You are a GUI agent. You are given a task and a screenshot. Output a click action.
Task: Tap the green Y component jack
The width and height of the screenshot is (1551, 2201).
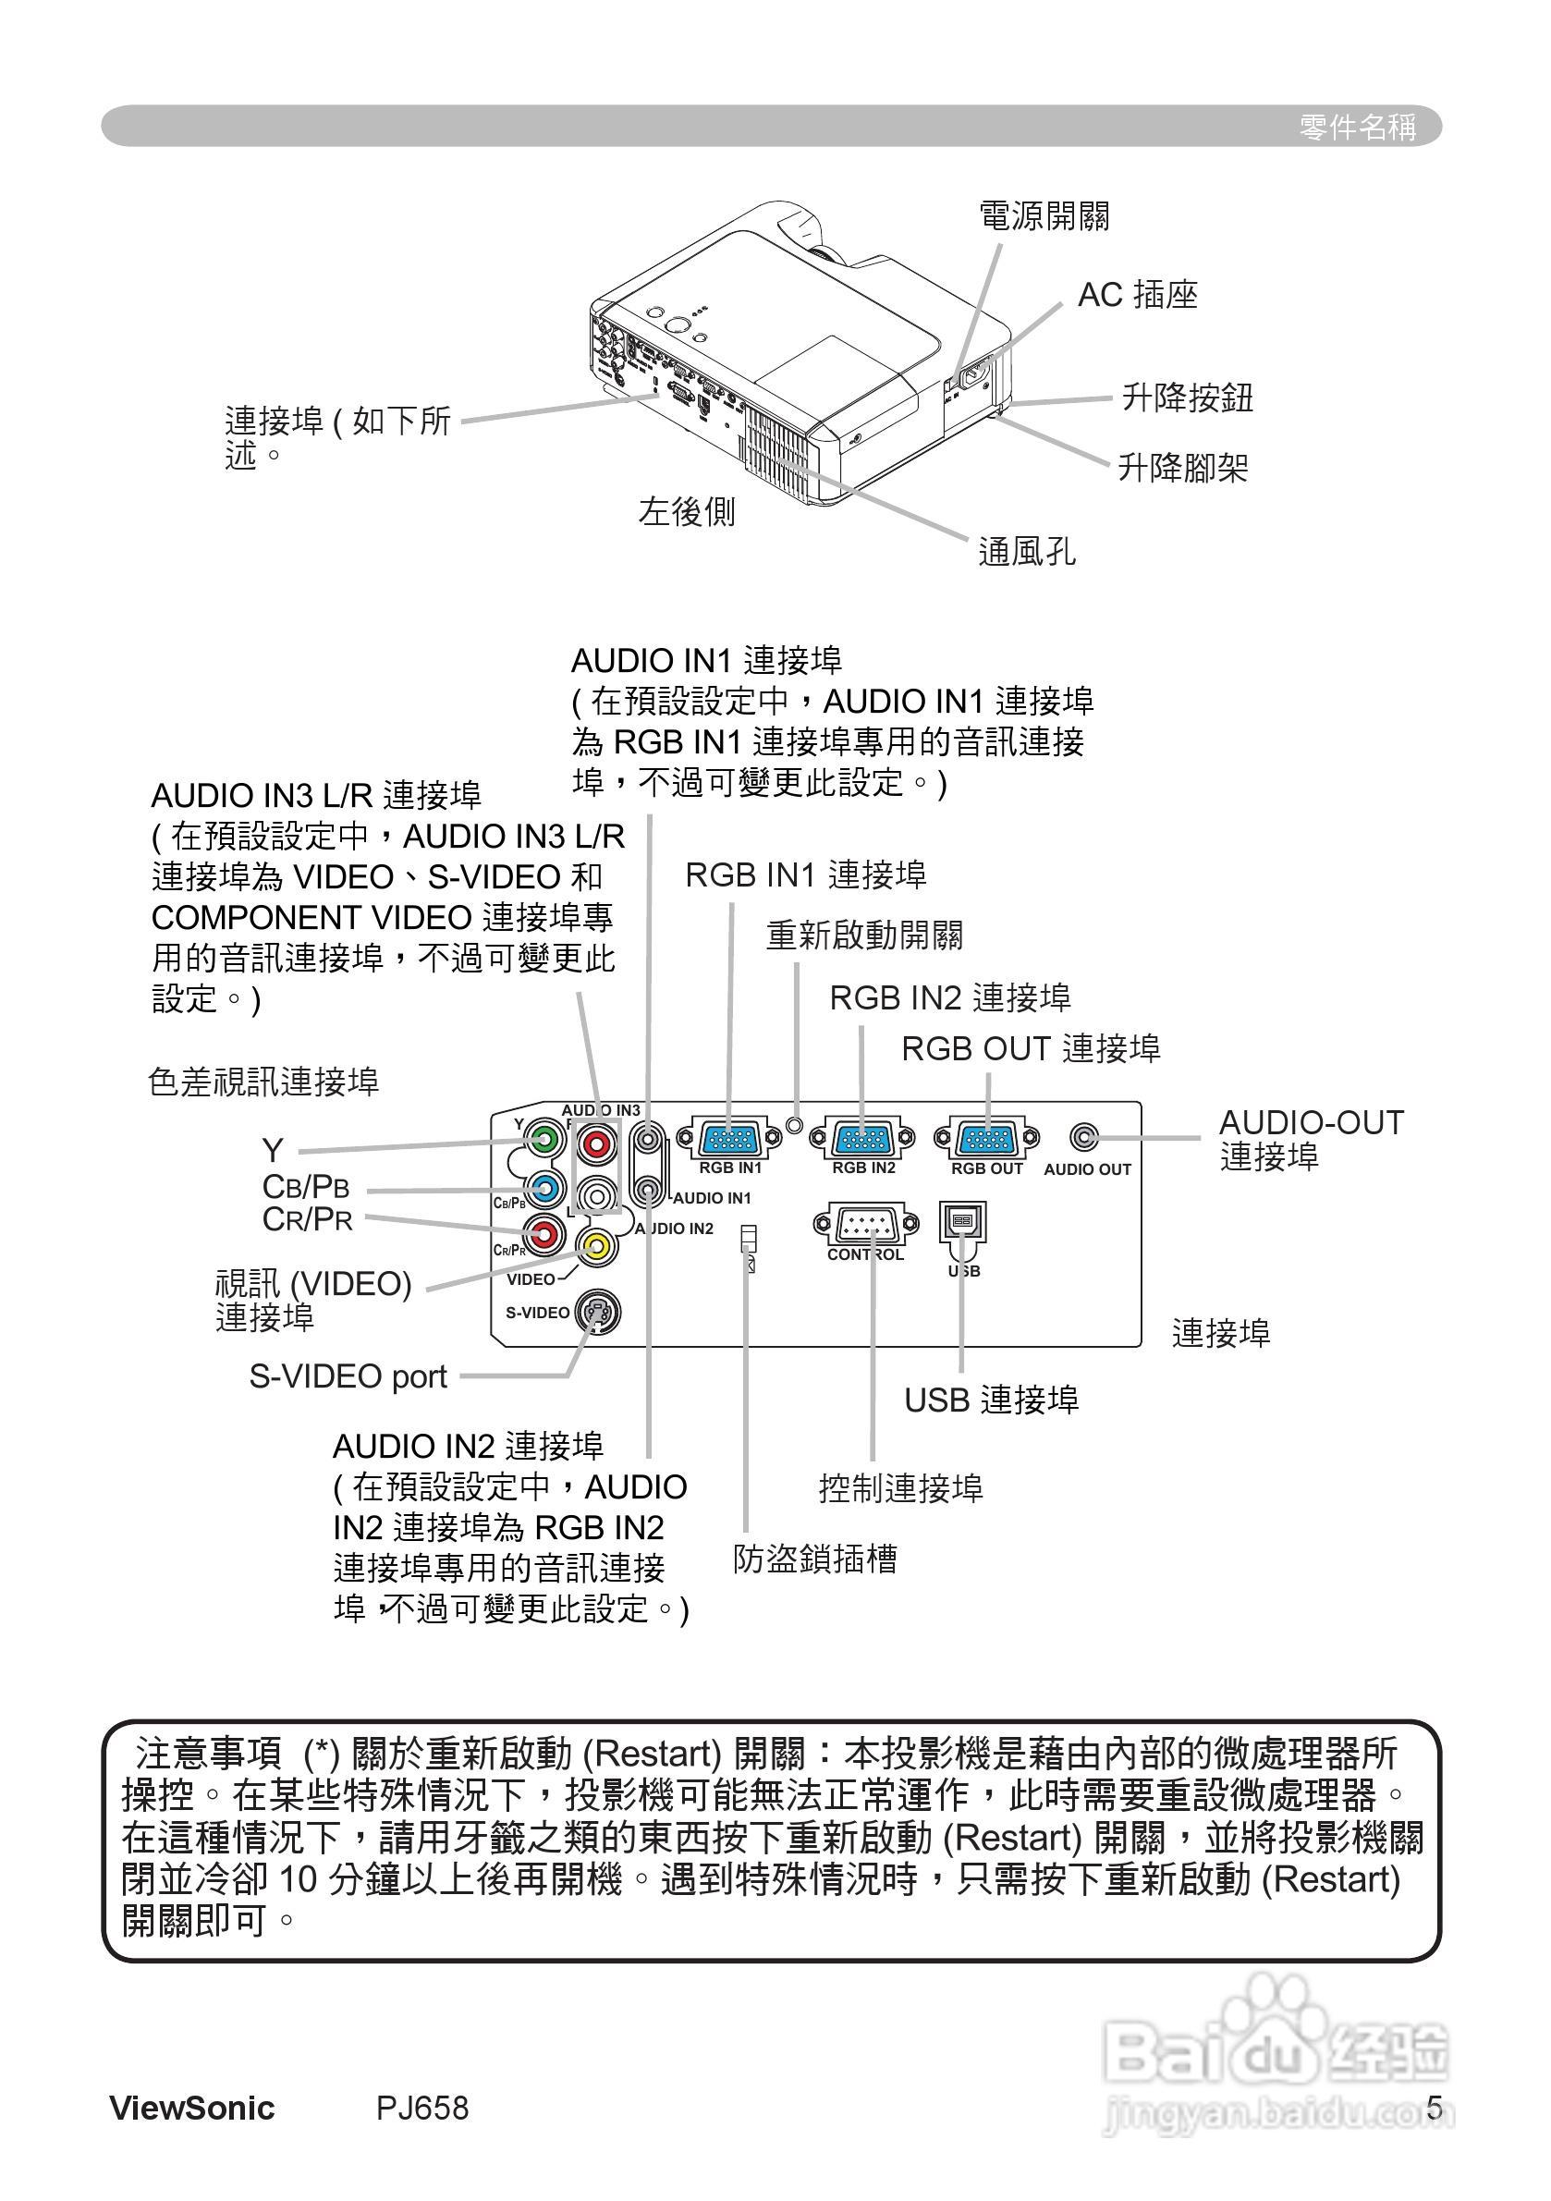point(543,1141)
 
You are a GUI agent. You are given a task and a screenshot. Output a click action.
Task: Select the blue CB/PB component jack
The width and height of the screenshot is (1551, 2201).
point(543,1190)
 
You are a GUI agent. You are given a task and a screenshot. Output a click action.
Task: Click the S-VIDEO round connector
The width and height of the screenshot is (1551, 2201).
point(596,1313)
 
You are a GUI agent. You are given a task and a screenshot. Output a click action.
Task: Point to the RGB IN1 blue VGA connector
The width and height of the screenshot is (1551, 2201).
point(729,1140)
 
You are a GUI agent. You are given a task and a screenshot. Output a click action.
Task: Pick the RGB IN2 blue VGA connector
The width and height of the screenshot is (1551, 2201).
point(862,1140)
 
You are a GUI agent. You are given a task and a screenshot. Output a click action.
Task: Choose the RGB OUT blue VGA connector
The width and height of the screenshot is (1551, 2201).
point(986,1140)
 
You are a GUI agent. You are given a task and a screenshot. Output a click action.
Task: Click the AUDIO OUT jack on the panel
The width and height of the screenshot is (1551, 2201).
point(1084,1138)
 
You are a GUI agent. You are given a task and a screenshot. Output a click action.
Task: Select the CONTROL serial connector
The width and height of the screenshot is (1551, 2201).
point(865,1224)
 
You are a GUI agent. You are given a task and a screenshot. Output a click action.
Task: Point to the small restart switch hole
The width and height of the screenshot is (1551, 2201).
point(795,1122)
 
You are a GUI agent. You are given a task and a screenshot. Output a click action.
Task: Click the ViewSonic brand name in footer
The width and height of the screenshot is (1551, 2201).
point(191,2108)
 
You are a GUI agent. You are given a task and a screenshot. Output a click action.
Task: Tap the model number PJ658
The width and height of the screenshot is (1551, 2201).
point(421,2108)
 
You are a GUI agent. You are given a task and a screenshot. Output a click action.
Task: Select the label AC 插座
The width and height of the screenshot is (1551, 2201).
point(1137,295)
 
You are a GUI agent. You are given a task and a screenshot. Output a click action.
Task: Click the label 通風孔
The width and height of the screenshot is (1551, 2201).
point(1026,551)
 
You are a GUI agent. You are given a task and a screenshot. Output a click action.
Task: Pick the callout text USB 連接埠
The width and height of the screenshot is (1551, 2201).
point(991,1400)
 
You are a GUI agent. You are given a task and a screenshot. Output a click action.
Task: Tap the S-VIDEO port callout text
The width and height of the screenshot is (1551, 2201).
point(348,1376)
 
